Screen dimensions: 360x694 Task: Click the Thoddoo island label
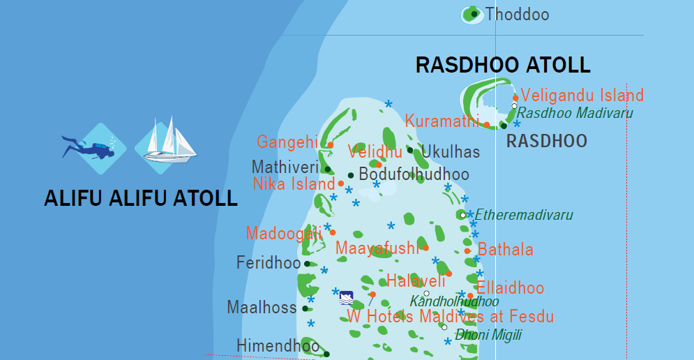click(x=518, y=15)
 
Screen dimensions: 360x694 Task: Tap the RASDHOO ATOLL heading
click(x=503, y=66)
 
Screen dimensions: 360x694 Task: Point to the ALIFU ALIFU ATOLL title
click(x=141, y=198)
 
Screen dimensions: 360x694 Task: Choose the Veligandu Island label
click(x=582, y=96)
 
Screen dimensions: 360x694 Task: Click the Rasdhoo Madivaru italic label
click(x=575, y=113)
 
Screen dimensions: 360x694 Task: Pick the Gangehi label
click(x=287, y=142)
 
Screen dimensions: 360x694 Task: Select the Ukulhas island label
click(x=451, y=152)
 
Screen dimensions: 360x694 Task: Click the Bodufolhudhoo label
click(x=414, y=174)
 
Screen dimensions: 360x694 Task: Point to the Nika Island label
click(x=294, y=184)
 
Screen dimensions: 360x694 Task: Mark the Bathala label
click(x=506, y=250)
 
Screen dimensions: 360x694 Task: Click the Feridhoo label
click(x=268, y=263)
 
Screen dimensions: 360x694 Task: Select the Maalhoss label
click(x=262, y=307)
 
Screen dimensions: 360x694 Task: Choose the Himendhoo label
click(x=278, y=345)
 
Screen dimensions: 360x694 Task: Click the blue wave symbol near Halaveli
click(x=346, y=298)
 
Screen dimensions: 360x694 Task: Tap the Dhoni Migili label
click(x=488, y=335)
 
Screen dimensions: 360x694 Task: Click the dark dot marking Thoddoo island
click(x=474, y=14)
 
